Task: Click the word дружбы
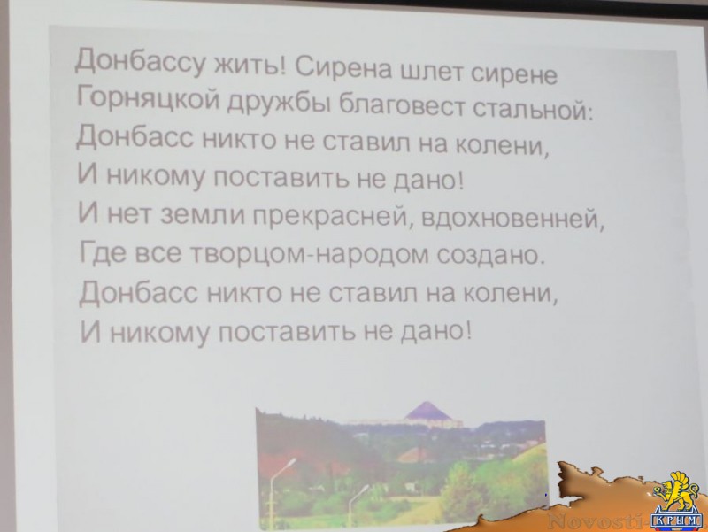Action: tap(279, 103)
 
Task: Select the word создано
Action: tap(489, 255)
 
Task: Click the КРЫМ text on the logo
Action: tap(675, 522)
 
